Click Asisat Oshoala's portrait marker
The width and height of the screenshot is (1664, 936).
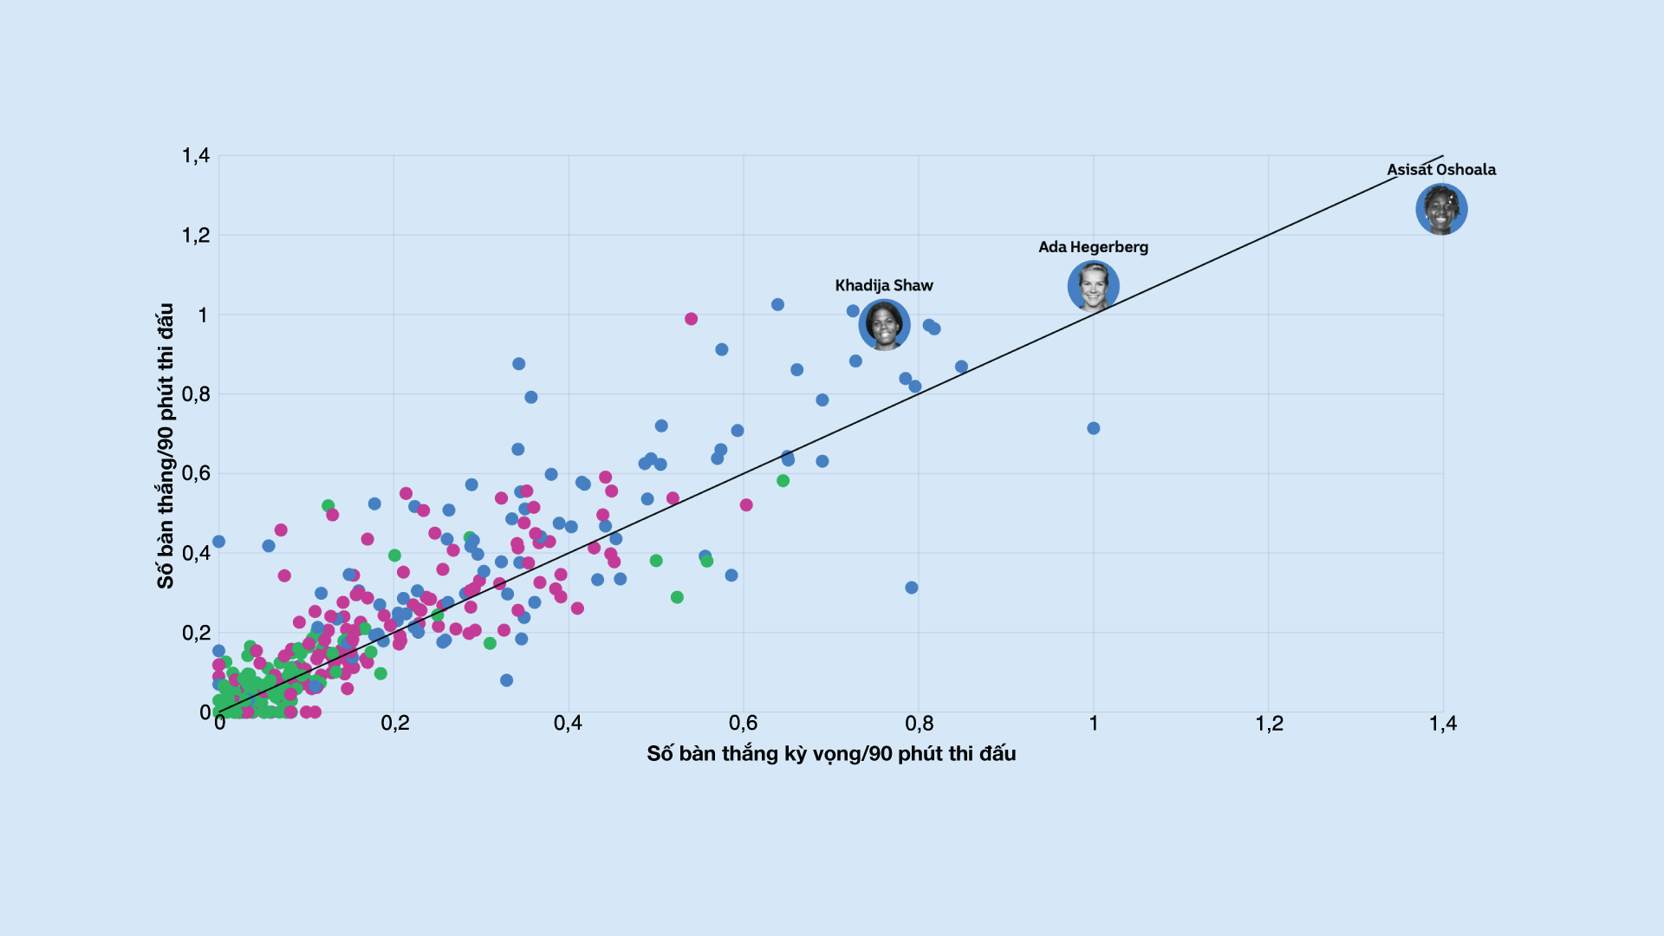[1441, 210]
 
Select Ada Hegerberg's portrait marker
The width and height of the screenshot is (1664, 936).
[1093, 286]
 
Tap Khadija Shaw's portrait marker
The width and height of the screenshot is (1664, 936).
[884, 325]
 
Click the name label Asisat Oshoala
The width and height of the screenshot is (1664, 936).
[1441, 170]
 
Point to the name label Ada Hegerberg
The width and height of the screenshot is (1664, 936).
[1093, 247]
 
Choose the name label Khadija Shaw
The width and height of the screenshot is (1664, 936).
[884, 285]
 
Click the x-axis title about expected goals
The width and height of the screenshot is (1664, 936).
[831, 753]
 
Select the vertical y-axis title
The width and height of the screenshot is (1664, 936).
[166, 445]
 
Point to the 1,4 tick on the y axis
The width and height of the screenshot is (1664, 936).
[196, 156]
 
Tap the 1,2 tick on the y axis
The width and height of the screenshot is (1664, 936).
[196, 236]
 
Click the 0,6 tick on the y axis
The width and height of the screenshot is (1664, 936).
[196, 473]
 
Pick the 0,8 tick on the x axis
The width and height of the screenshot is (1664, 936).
[920, 723]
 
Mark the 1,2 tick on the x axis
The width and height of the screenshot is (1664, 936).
[1269, 723]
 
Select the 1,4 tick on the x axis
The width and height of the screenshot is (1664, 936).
[1443, 723]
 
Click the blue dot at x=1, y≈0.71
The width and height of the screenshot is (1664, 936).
[1093, 428]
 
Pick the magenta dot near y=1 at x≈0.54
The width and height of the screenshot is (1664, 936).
[691, 319]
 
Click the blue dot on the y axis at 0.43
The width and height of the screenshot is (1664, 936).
[218, 542]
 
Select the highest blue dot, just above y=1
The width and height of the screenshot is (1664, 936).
[777, 305]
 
